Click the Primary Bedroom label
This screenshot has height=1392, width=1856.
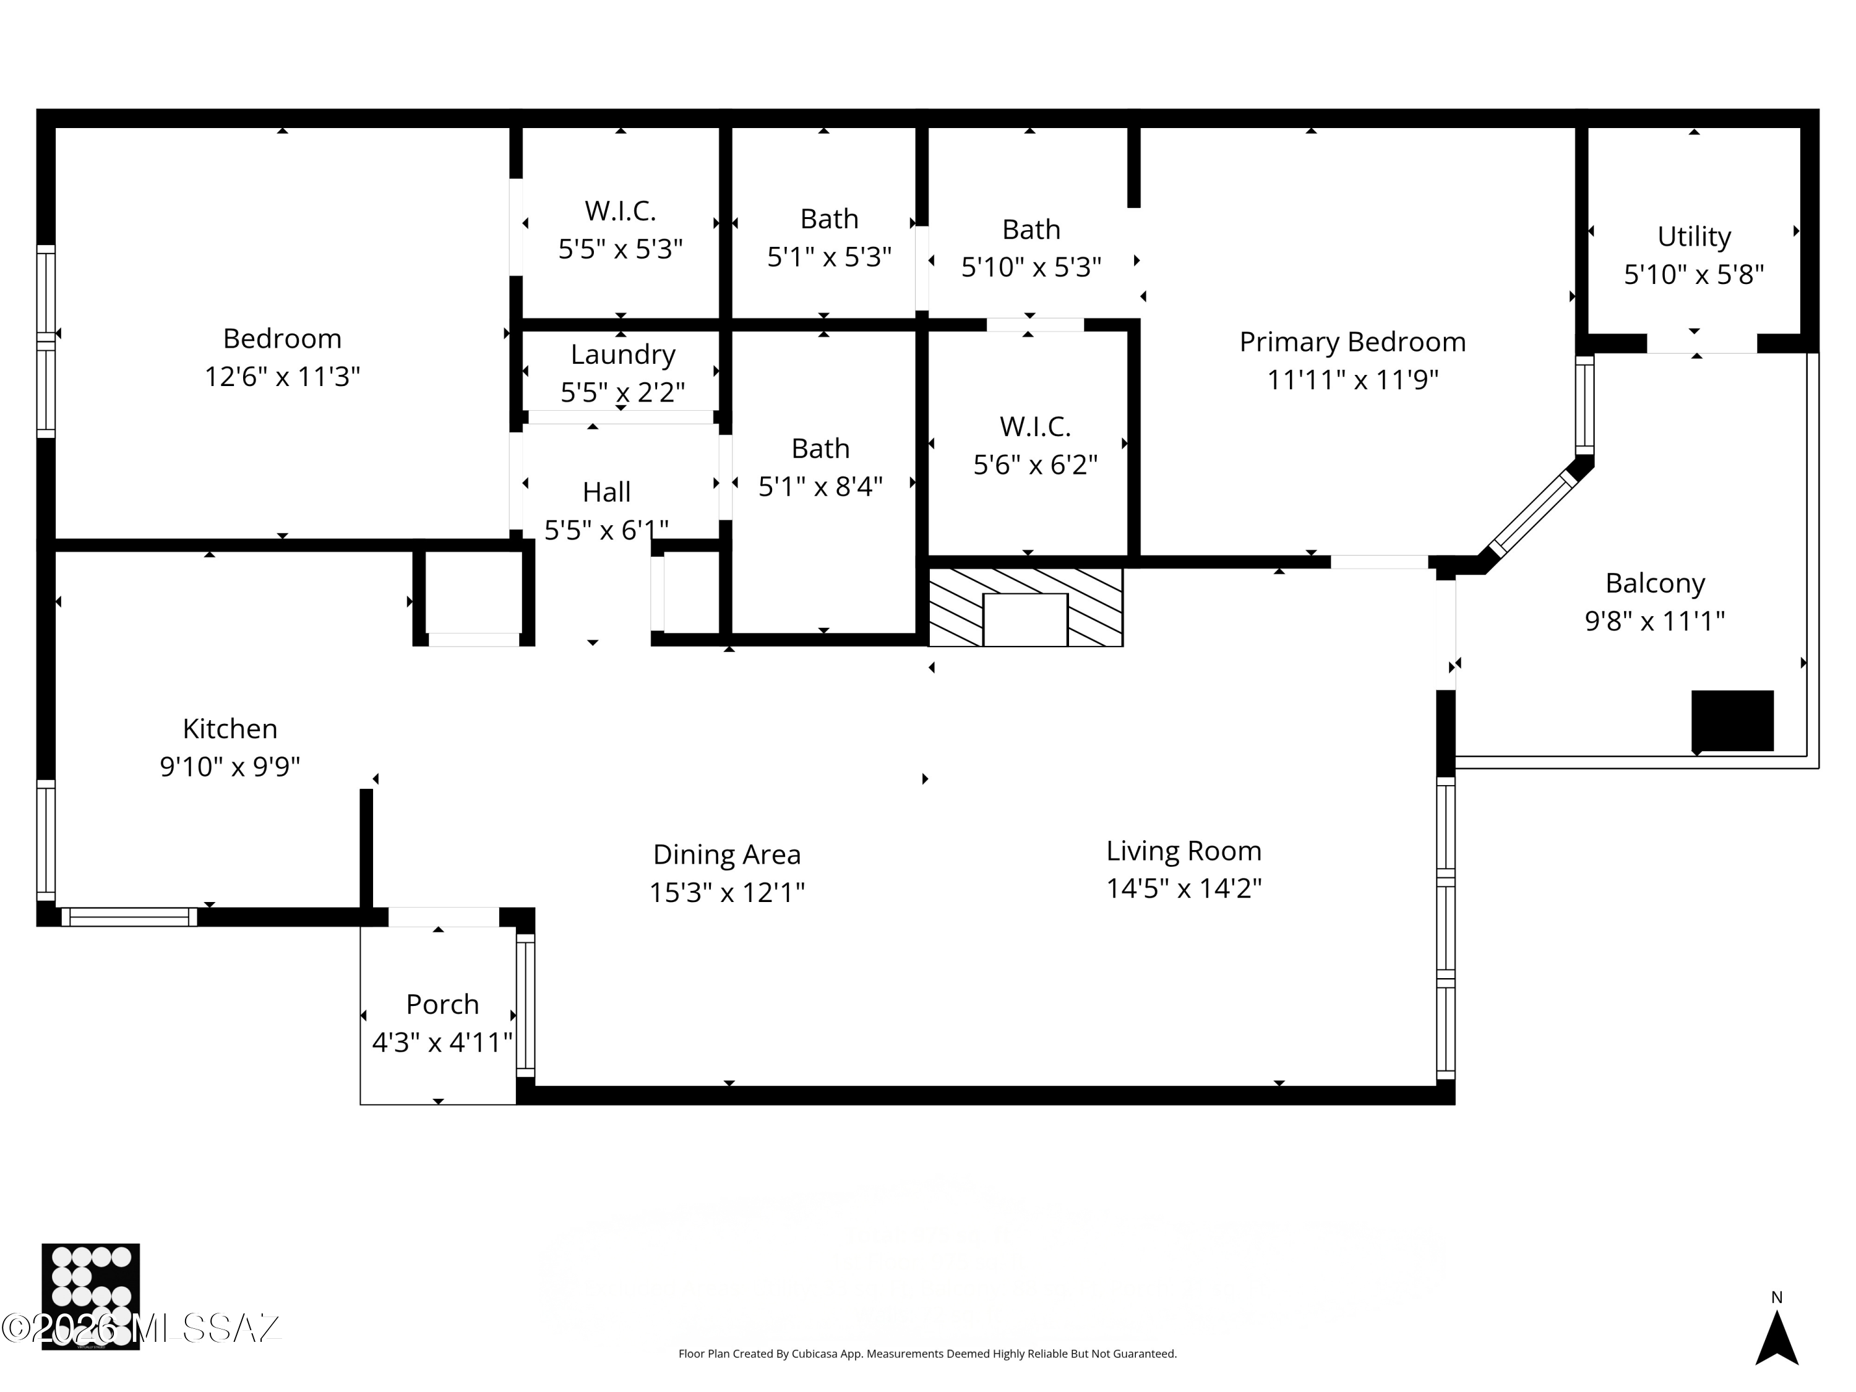coord(1352,342)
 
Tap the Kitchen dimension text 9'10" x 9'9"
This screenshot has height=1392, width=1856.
coord(230,766)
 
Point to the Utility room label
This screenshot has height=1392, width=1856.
coord(1693,236)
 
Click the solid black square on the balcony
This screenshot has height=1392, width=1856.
coord(1732,720)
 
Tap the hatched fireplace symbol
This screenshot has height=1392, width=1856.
coord(1025,607)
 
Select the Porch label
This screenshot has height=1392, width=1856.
coord(442,1003)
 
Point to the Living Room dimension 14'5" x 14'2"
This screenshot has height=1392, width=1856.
coord(1183,888)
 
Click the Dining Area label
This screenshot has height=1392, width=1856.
coord(727,854)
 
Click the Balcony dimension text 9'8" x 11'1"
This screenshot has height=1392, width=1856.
coord(1654,621)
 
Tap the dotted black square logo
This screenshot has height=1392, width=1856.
coord(90,1295)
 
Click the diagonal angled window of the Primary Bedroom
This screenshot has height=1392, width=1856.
coord(1533,513)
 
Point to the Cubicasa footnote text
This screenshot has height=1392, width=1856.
coord(927,1354)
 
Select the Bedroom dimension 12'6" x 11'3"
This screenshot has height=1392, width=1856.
coord(282,377)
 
